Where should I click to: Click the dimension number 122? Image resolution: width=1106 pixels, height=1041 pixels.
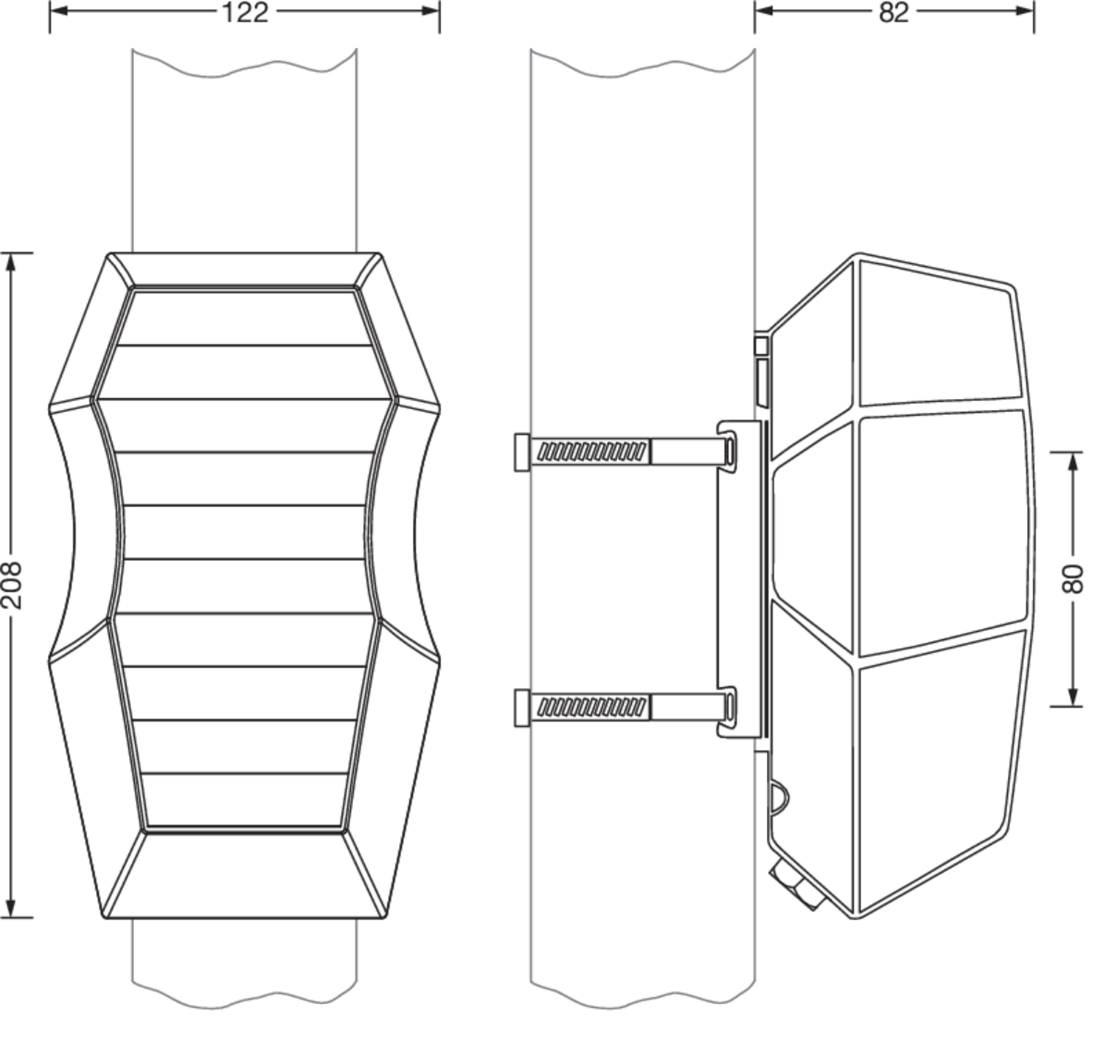tap(245, 13)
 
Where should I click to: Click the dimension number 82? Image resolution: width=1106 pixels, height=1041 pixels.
tap(894, 13)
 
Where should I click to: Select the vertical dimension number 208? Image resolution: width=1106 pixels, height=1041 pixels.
tap(13, 585)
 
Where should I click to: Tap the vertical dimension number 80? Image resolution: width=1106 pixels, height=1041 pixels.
tap(1074, 579)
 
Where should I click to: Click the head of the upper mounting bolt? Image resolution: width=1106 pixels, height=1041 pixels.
tap(522, 452)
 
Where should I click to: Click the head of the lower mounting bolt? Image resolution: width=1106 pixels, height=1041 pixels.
tap(522, 708)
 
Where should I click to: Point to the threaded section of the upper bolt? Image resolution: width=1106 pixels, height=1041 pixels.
tap(591, 452)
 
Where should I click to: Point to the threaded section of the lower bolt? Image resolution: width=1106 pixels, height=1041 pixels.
tap(591, 707)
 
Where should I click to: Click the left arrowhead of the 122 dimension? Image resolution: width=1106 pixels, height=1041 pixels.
tap(58, 11)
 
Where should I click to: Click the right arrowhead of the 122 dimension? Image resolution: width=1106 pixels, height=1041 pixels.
tap(431, 11)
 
